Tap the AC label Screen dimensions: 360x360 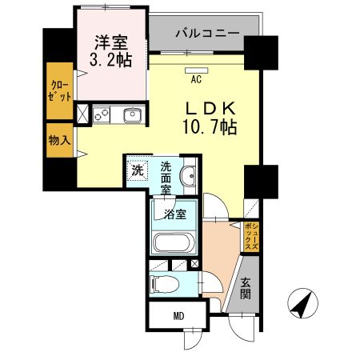pos(196,79)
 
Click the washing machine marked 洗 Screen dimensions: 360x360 pos(138,170)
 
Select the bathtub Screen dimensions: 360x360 pos(174,243)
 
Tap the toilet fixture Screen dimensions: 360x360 pos(163,283)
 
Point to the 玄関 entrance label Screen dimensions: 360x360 pos(245,289)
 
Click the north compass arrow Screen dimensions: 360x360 pos(302,305)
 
